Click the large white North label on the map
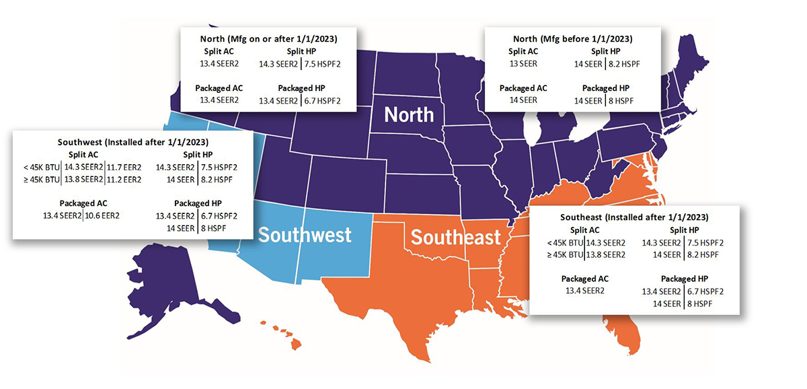click(x=409, y=114)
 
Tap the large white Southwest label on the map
click(x=305, y=235)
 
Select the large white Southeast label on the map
click(x=456, y=237)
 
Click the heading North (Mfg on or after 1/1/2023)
click(x=268, y=38)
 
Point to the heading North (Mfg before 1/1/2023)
click(x=574, y=38)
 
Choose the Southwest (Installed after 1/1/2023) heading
click(x=132, y=142)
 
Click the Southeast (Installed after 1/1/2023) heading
click(x=634, y=217)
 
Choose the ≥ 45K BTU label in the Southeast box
click(x=564, y=254)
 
